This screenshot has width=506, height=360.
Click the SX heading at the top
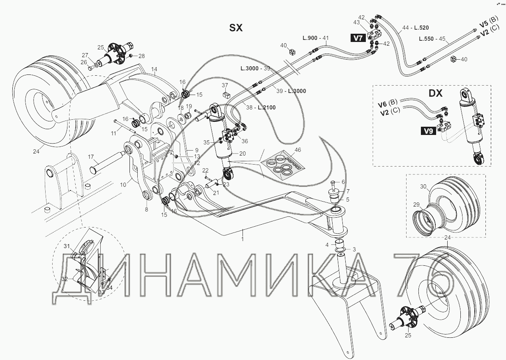236,28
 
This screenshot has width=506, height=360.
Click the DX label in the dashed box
435,93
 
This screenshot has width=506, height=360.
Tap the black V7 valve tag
358,38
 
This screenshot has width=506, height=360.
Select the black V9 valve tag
428,132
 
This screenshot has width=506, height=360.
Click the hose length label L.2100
266,107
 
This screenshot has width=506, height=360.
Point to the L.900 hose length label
310,38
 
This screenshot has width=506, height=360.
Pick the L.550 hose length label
427,39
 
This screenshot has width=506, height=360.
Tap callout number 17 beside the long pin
91,157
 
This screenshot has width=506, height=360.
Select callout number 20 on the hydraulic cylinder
242,153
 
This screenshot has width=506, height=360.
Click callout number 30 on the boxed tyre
423,187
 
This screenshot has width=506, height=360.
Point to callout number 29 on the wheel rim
416,205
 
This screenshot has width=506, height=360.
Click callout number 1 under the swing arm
243,239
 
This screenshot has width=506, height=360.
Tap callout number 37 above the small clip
225,85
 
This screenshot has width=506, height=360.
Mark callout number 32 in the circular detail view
65,279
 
